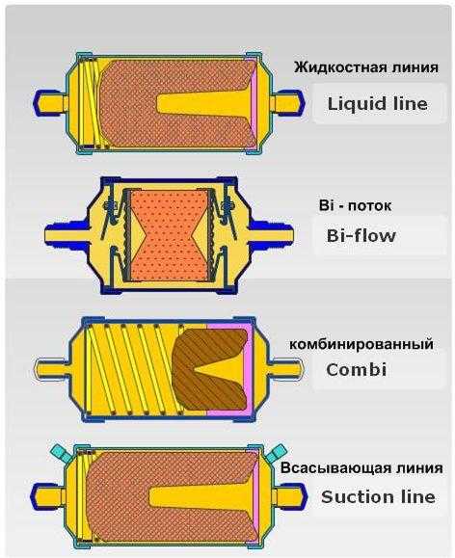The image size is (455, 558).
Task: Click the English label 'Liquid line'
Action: [377, 104]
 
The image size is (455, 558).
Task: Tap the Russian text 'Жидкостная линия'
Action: [366, 67]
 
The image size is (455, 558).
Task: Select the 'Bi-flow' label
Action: [361, 235]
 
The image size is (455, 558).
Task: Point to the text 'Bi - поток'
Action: [355, 205]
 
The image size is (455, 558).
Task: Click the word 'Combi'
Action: [357, 369]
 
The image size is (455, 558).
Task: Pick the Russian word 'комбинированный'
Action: [361, 344]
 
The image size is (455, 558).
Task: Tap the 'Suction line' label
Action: [378, 496]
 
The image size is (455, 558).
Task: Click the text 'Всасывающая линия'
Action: [361, 468]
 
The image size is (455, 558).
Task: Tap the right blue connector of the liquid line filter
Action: [288, 101]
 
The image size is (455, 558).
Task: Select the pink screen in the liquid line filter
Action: [254, 103]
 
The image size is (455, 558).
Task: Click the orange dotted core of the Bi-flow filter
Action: [169, 235]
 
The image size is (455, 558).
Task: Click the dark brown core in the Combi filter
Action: [210, 369]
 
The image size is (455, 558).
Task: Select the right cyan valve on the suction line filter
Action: [277, 452]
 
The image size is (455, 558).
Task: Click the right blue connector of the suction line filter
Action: [290, 495]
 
